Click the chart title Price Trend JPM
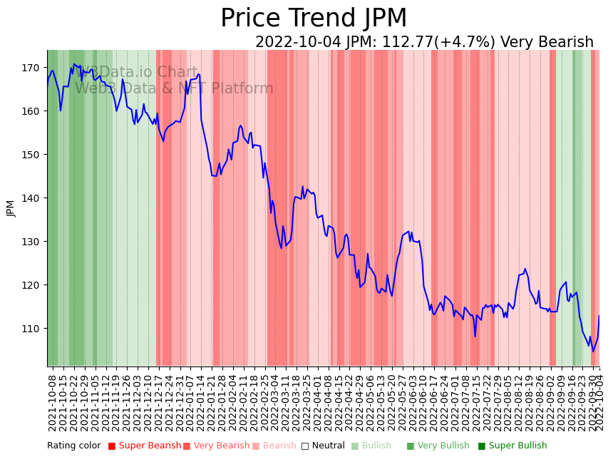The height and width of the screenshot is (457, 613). pyautogui.click(x=314, y=19)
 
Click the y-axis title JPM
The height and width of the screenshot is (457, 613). pyautogui.click(x=11, y=208)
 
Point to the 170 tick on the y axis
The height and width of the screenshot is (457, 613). pyautogui.click(x=30, y=68)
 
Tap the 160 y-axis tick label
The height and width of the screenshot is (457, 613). pyautogui.click(x=30, y=111)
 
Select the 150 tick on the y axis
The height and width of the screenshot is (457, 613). pyautogui.click(x=30, y=155)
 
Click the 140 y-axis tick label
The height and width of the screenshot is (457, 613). pyautogui.click(x=30, y=198)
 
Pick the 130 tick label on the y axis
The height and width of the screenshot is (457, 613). pyautogui.click(x=30, y=242)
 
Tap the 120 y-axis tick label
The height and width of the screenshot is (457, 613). pyautogui.click(x=30, y=285)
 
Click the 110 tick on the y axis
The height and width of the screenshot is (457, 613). pyautogui.click(x=30, y=329)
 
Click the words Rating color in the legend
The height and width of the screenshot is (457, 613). pyautogui.click(x=74, y=446)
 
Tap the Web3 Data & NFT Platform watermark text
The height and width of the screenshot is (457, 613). pyautogui.click(x=174, y=88)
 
